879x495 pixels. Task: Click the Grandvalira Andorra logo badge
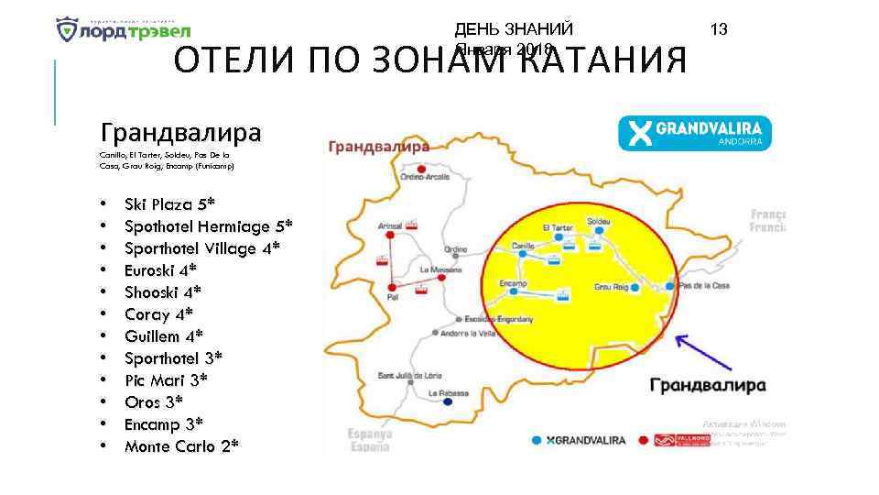[x=695, y=133]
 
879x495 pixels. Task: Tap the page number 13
[x=719, y=30]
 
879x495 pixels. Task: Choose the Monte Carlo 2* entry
[x=182, y=446]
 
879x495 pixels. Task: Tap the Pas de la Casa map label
[x=704, y=287]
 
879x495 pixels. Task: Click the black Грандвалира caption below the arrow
[x=707, y=386]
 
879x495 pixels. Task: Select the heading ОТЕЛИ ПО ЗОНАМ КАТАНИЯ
[x=430, y=61]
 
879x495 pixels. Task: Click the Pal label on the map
[x=394, y=298]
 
